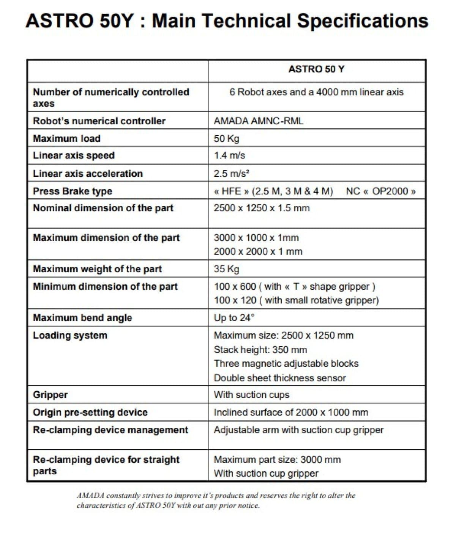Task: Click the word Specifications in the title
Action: [x=363, y=21]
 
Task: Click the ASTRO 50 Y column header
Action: [x=316, y=69]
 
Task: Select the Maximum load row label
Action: [x=67, y=138]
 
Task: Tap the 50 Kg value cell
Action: [x=227, y=138]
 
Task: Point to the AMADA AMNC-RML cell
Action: [x=259, y=121]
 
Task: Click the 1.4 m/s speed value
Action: [x=229, y=155]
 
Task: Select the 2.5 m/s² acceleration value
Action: [x=232, y=174]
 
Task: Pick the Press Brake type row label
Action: [x=73, y=191]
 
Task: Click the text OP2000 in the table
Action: [x=390, y=191]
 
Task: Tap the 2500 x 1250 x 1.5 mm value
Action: [x=262, y=208]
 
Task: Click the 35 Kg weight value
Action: [x=227, y=269]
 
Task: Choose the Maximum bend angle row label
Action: [x=82, y=318]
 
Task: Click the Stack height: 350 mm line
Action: [x=260, y=350]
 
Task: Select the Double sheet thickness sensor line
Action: [x=280, y=378]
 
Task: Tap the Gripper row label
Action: [x=50, y=395]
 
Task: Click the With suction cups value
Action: [x=251, y=395]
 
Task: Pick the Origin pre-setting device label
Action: [x=90, y=412]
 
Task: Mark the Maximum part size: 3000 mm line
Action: [x=277, y=460]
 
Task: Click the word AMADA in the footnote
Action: [x=90, y=496]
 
